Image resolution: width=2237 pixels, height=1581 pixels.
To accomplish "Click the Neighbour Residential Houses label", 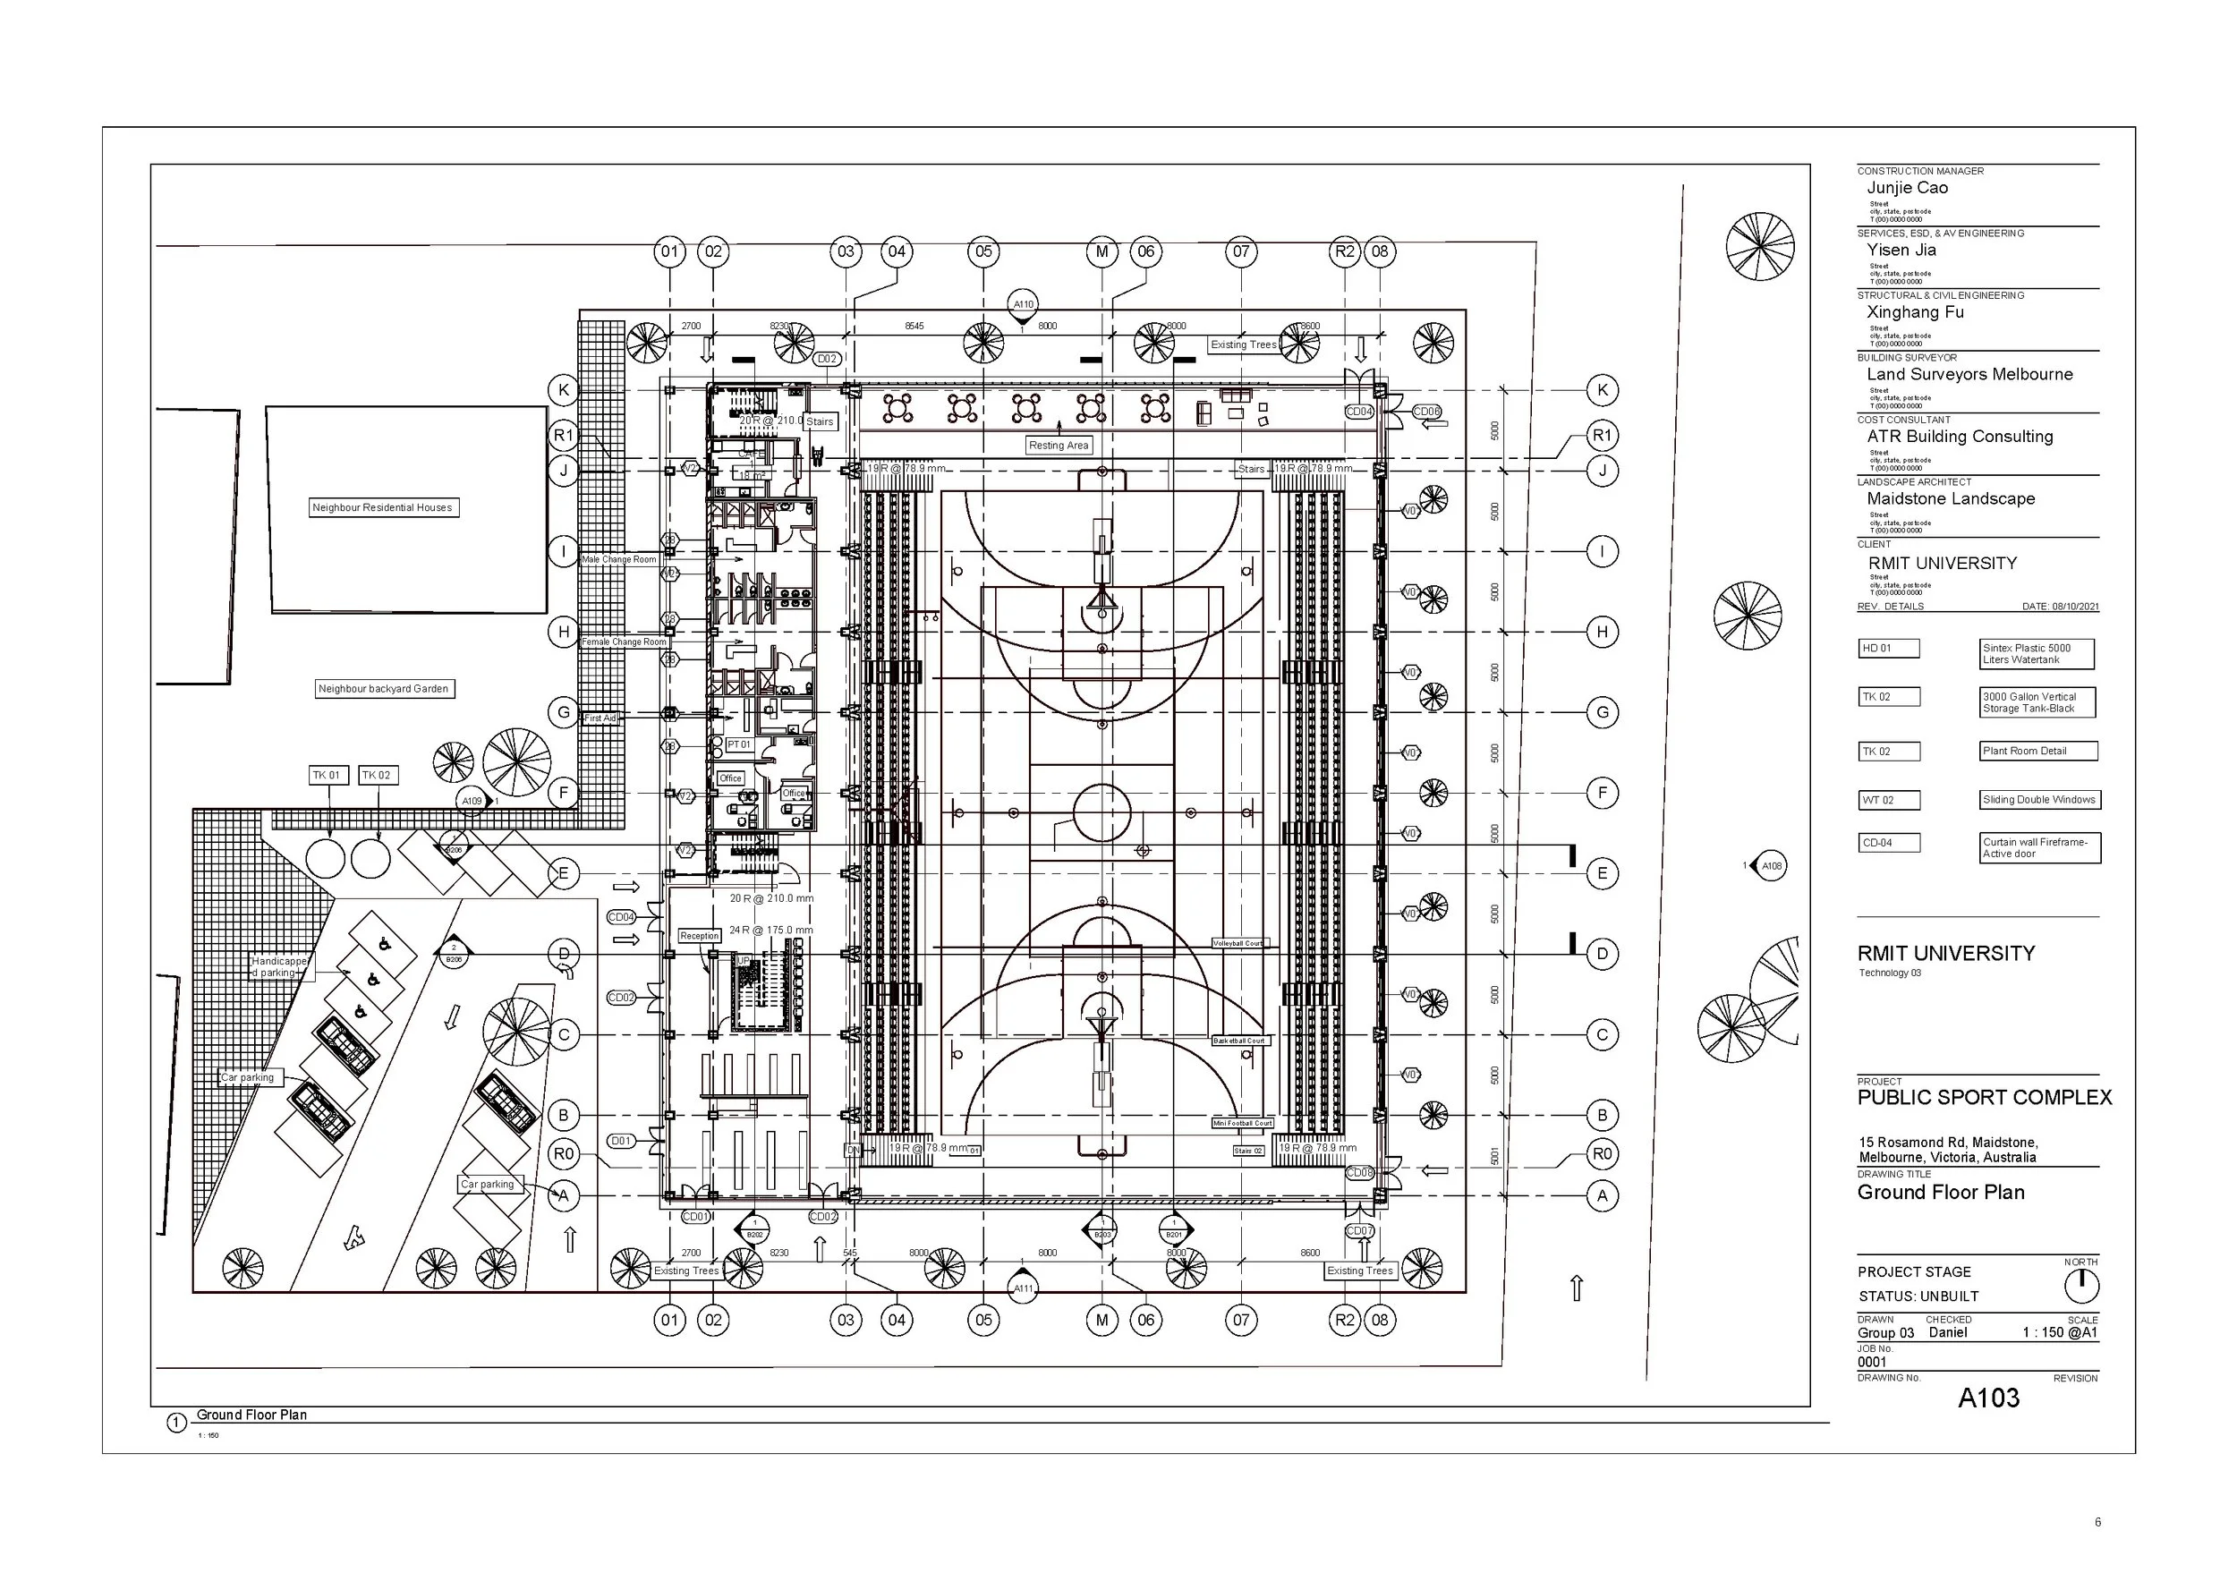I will coord(382,507).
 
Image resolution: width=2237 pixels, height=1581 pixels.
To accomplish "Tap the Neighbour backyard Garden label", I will coord(383,689).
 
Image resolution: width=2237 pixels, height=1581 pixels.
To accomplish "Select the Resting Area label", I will coord(1058,446).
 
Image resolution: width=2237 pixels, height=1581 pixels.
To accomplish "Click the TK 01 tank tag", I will coord(327,776).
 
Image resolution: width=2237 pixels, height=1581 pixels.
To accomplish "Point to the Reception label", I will coord(699,935).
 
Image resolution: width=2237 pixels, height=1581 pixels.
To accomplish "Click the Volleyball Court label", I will coord(1238,943).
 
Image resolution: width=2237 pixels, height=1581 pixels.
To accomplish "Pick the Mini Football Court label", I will coord(1242,1123).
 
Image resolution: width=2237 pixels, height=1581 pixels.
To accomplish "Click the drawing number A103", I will coord(1988,1398).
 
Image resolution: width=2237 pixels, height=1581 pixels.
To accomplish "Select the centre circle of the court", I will coord(1101,812).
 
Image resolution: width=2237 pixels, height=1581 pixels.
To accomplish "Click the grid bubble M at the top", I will coord(1101,251).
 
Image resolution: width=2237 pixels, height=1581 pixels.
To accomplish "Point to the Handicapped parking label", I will coord(281,966).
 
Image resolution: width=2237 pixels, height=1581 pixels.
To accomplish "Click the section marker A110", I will coord(1022,304).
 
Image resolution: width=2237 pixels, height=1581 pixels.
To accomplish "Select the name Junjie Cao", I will coord(1907,188).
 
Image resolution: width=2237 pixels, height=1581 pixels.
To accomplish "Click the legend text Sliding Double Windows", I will coord(2038,800).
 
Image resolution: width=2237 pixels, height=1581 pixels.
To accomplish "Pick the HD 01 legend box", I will coord(1889,649).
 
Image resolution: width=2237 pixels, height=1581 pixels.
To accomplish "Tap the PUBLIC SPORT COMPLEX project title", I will coord(1984,1098).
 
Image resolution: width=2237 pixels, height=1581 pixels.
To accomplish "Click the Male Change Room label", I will coord(618,559).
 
